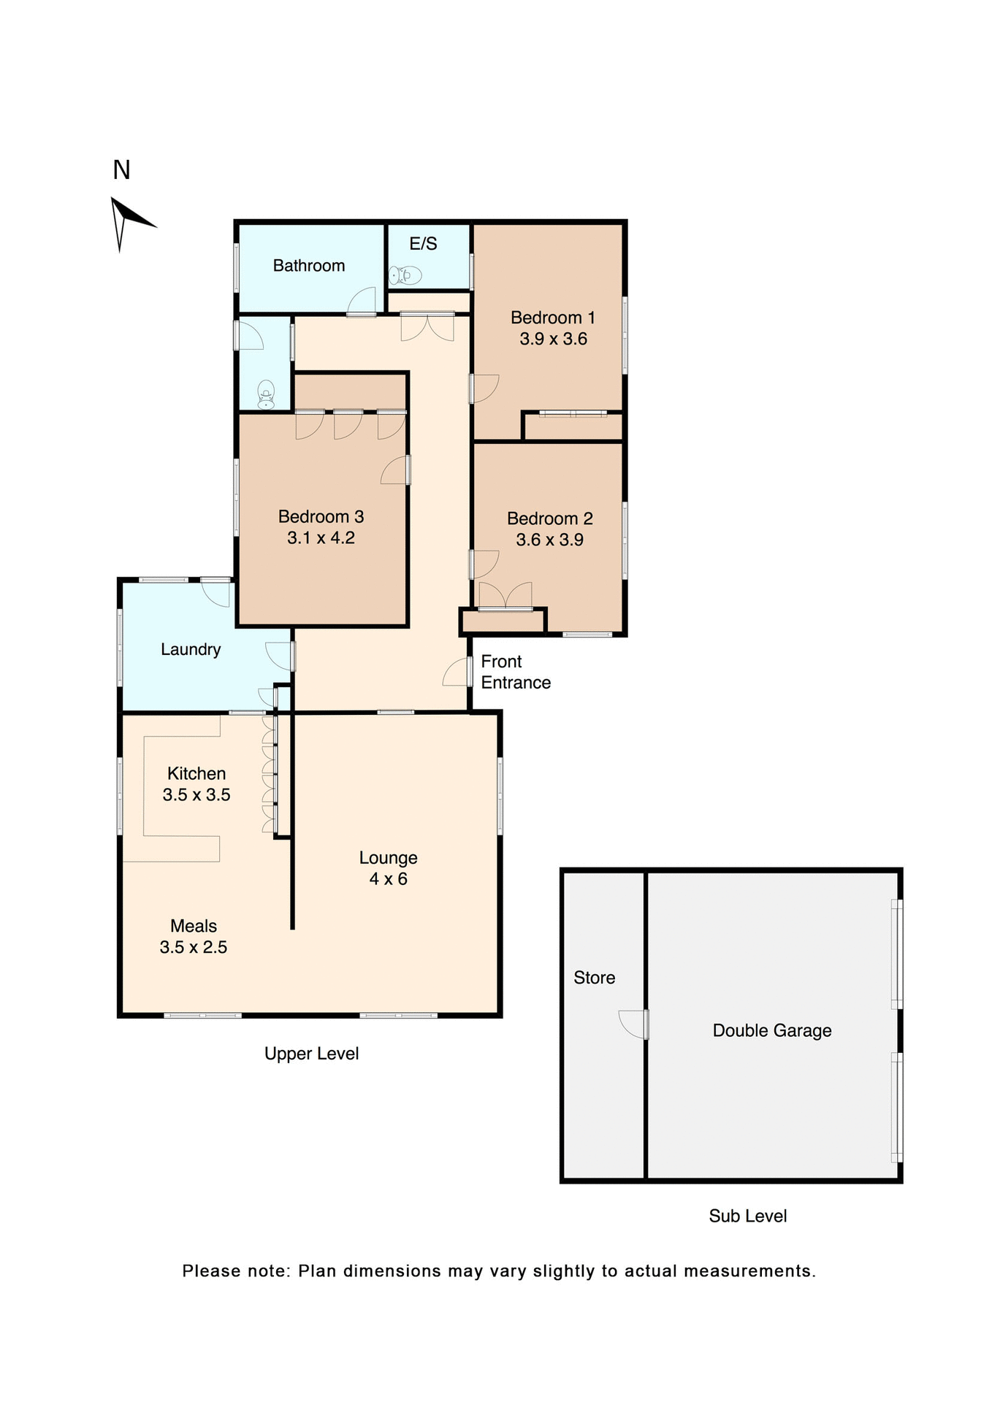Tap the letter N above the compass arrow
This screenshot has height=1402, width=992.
(121, 170)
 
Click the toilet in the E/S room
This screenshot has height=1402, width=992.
(405, 275)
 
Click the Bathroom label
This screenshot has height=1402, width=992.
(308, 266)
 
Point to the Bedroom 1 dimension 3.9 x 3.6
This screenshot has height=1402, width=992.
(553, 339)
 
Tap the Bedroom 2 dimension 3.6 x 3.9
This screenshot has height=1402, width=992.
(549, 540)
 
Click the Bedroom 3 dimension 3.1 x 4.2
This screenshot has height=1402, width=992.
(321, 538)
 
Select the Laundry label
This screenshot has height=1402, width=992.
(191, 649)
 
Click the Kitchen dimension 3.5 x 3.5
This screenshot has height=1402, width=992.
(197, 794)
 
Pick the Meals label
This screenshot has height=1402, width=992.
(194, 926)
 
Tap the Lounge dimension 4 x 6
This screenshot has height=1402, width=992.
(388, 879)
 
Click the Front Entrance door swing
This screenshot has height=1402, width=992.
(457, 673)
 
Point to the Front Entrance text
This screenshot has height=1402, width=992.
(515, 672)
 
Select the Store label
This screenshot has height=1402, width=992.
(594, 978)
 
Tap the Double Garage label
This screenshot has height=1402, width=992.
(771, 1030)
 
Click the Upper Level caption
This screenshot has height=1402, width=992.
(311, 1054)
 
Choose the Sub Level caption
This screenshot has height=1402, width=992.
(747, 1216)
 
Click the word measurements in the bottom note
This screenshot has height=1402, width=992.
(749, 1271)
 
